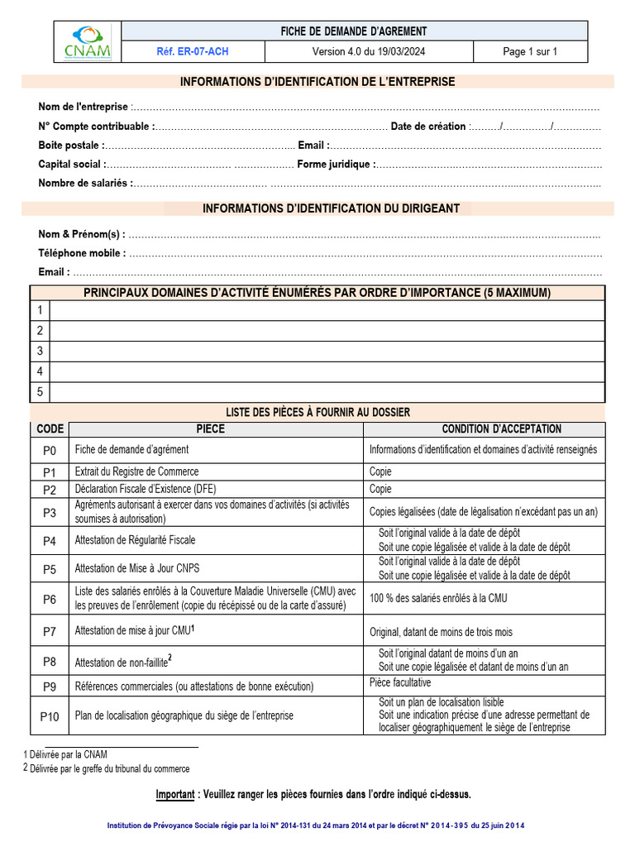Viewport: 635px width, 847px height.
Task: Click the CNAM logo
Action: [87, 42]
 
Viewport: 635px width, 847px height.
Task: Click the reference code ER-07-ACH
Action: [193, 52]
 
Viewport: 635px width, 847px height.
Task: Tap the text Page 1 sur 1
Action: [530, 52]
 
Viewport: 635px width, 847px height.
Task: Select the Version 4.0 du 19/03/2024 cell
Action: [368, 52]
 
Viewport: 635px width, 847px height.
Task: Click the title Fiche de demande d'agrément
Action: [355, 31]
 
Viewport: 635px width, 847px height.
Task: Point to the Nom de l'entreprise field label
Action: [84, 107]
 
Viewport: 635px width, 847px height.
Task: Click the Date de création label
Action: [428, 127]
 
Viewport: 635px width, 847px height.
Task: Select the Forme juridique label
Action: [334, 165]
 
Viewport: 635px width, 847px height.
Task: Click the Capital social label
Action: [71, 165]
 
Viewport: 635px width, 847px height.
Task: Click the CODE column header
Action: [50, 429]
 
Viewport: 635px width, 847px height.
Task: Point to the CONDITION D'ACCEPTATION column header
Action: [501, 429]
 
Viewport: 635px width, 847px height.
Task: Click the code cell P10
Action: [50, 716]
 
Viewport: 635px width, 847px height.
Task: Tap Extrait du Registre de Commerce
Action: [136, 471]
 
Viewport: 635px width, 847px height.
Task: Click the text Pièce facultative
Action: [400, 683]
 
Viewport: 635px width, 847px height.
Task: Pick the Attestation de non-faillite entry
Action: [122, 663]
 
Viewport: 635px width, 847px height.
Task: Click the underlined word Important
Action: [175, 795]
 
